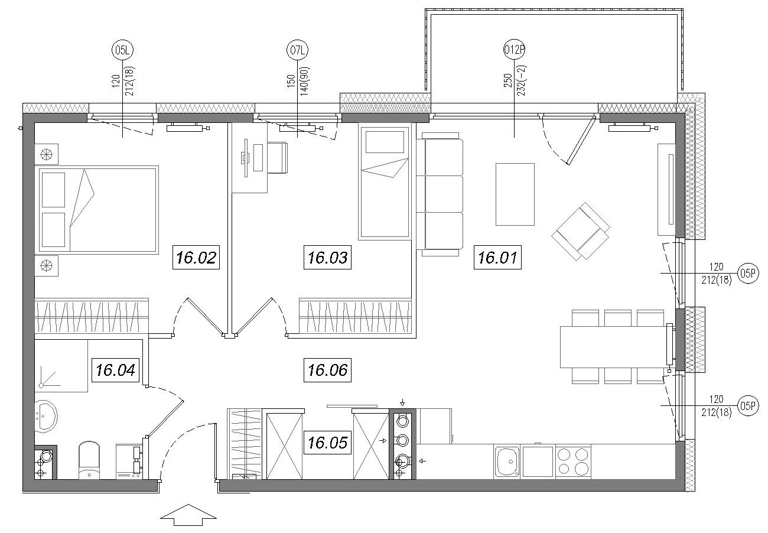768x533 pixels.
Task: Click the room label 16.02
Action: coord(196,257)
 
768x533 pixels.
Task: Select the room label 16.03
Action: coord(327,257)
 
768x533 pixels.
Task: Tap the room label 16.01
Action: coord(497,257)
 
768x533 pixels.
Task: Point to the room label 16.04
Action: coord(115,370)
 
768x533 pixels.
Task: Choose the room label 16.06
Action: coord(327,370)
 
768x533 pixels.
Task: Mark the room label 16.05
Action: coord(327,443)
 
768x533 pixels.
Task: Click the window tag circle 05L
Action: coord(122,50)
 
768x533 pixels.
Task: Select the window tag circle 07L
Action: coord(297,50)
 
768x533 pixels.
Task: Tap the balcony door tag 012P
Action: coord(514,50)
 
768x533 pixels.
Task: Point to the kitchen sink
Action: coord(507,461)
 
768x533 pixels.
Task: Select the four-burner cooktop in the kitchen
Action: coord(573,461)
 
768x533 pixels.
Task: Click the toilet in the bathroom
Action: coord(89,460)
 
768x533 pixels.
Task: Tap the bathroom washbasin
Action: coord(46,416)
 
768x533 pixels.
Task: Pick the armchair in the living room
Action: coord(581,231)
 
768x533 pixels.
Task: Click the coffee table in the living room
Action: coord(515,194)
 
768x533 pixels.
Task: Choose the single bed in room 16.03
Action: coord(384,181)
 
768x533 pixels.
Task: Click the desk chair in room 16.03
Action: coord(277,158)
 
